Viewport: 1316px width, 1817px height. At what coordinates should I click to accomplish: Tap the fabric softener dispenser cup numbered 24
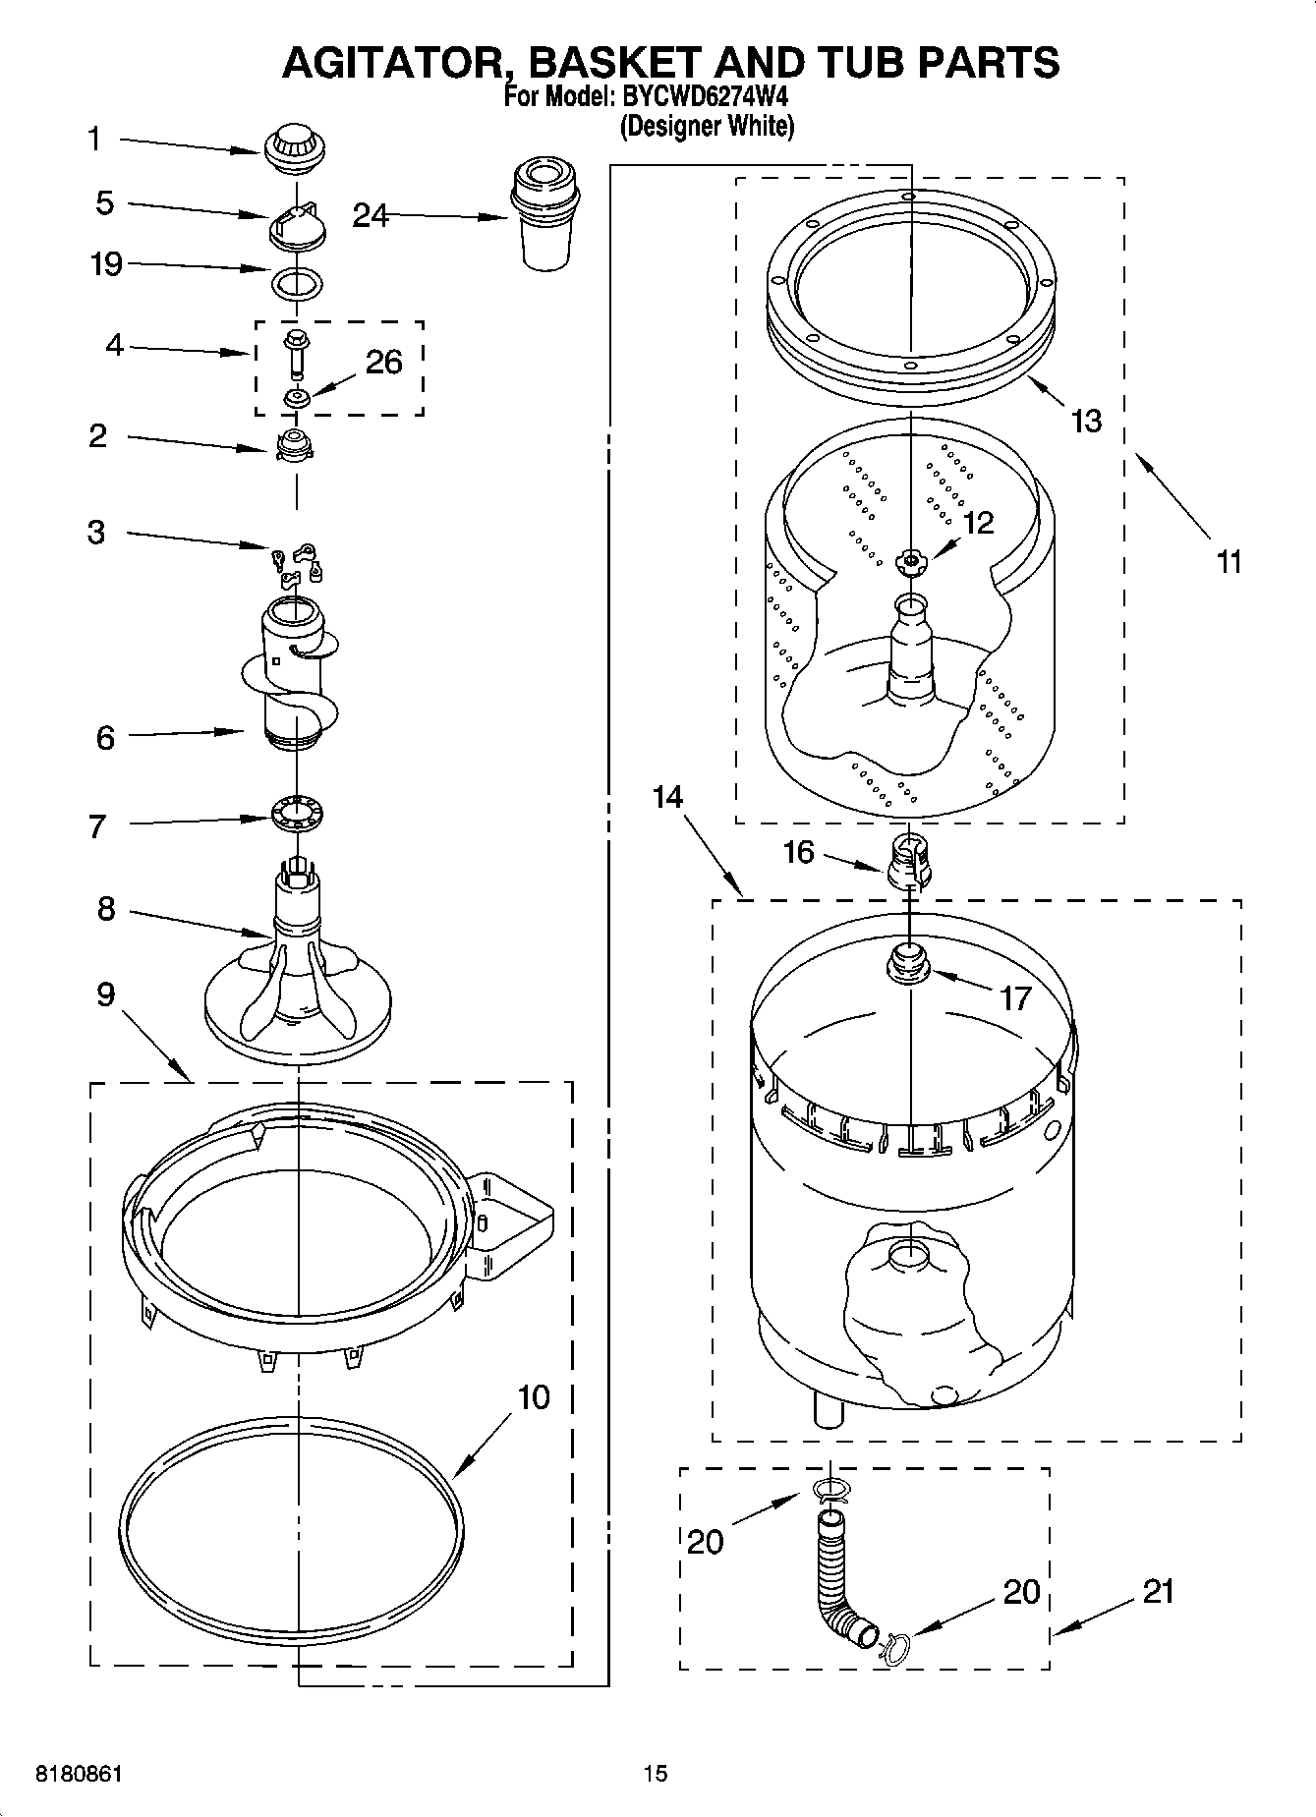(x=544, y=217)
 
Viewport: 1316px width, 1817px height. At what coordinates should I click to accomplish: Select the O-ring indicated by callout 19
(x=296, y=284)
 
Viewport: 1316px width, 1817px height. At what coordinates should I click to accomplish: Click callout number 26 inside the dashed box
(x=383, y=363)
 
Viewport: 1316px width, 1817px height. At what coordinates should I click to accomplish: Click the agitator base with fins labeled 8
(x=296, y=973)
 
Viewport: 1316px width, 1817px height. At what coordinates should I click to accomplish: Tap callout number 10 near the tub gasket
(x=534, y=1396)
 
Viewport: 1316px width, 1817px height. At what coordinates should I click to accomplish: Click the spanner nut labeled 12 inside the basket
(x=911, y=562)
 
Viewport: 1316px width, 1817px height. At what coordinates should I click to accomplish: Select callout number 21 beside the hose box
(x=1159, y=1591)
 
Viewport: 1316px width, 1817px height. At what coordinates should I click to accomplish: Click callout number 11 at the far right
(x=1229, y=562)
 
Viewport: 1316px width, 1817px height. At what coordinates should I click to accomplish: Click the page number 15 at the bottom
(x=656, y=1774)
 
